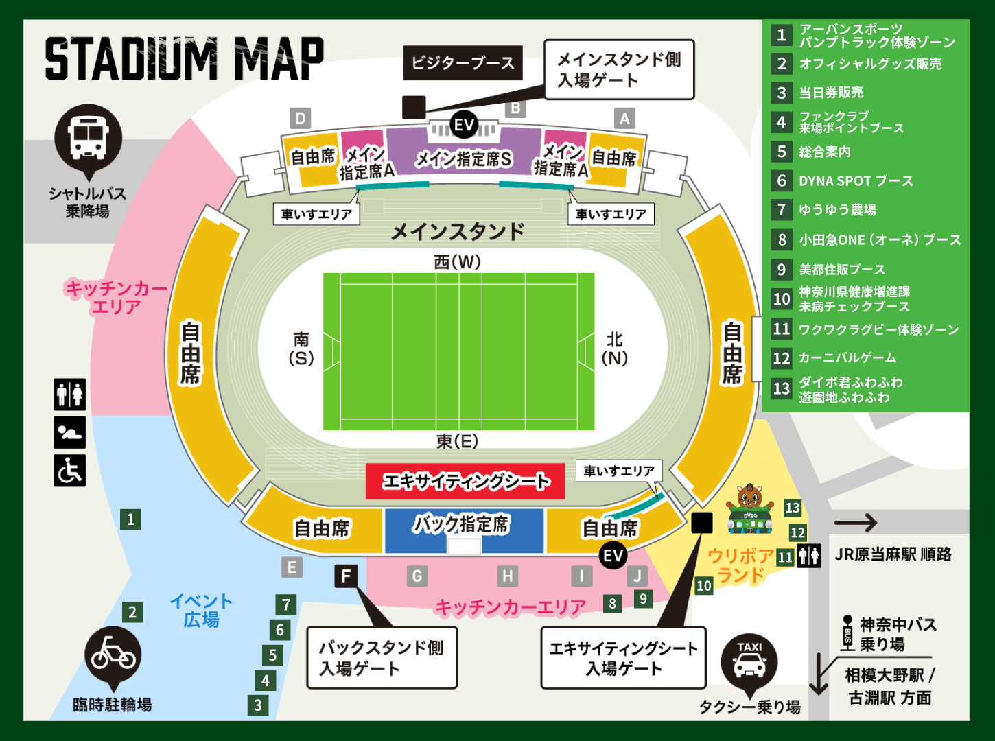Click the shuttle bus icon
(88, 137)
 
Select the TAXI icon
(749, 661)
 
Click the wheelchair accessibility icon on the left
(70, 471)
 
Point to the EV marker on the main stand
(465, 125)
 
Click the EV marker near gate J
(613, 555)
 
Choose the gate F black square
(346, 576)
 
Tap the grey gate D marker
(300, 119)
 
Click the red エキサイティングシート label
(465, 481)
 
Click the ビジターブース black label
(463, 63)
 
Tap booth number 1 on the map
(130, 519)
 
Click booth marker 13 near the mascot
(793, 508)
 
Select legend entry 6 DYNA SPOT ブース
(856, 181)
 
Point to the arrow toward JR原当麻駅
(856, 523)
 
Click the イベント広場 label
(201, 611)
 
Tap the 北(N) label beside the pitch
(614, 349)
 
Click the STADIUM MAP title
(184, 60)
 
